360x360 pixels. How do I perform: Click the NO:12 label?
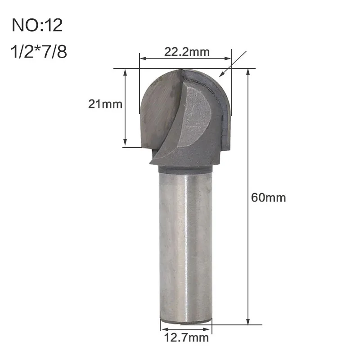click(x=37, y=25)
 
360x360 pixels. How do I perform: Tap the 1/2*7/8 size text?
click(x=39, y=51)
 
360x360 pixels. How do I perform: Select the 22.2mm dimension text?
click(x=187, y=52)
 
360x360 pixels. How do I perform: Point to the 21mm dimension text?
click(x=105, y=104)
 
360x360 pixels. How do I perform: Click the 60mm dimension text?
click(x=268, y=198)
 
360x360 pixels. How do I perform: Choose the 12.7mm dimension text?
click(x=186, y=338)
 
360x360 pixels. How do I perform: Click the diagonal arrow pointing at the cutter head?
click(x=233, y=64)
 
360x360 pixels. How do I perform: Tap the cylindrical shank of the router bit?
click(x=185, y=245)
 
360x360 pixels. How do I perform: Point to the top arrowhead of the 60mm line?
click(x=248, y=72)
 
